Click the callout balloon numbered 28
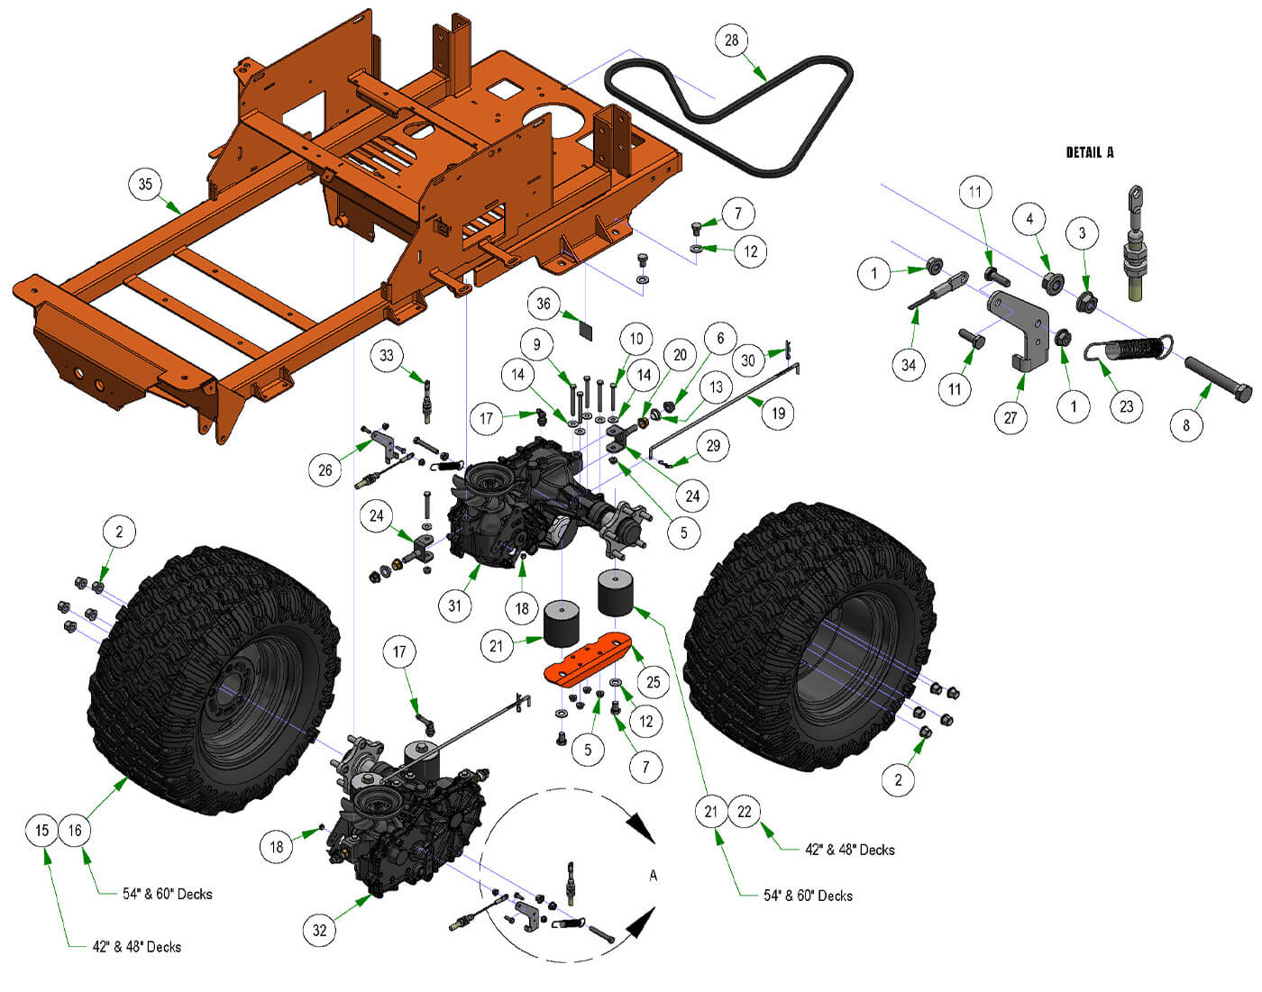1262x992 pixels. pos(731,41)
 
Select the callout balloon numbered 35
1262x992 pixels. pos(145,185)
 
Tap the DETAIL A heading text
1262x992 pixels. pos(1089,152)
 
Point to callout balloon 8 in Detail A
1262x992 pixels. pos(1186,425)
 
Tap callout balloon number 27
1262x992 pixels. pos(1011,417)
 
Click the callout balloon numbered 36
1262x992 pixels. pos(544,304)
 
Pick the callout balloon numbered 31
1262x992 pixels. pos(455,605)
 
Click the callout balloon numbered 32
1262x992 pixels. pos(320,930)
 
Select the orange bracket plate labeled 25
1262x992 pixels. pos(590,657)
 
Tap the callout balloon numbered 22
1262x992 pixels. pos(744,812)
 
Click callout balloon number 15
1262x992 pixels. pos(42,830)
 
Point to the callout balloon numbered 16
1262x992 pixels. pos(76,830)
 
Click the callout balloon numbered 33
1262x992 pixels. pos(387,355)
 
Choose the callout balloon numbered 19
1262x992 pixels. pos(778,414)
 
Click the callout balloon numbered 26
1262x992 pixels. pos(325,469)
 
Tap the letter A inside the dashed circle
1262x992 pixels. pos(653,875)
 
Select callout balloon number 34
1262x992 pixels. pos(909,365)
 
